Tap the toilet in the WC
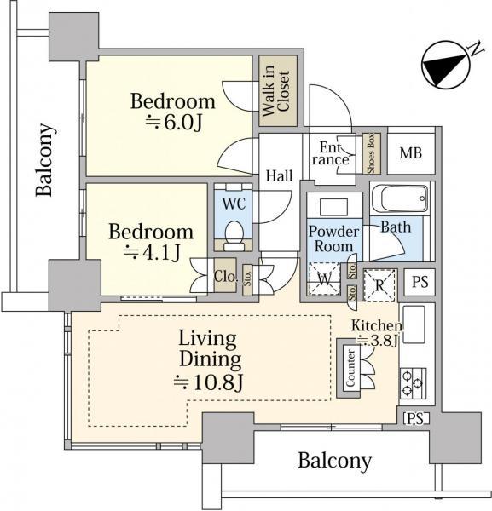(234, 235)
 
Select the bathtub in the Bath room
(400, 198)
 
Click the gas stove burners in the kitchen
(413, 383)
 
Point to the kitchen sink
(414, 324)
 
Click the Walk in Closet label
(276, 91)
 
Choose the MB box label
(411, 152)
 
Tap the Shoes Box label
(371, 154)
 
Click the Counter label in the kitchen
(350, 368)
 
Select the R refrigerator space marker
(379, 285)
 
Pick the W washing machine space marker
(324, 279)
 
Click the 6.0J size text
(174, 122)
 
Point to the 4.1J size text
(153, 253)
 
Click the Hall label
(279, 176)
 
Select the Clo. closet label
(225, 276)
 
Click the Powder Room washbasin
(333, 208)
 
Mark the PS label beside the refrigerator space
(420, 282)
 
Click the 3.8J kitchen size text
(378, 341)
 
